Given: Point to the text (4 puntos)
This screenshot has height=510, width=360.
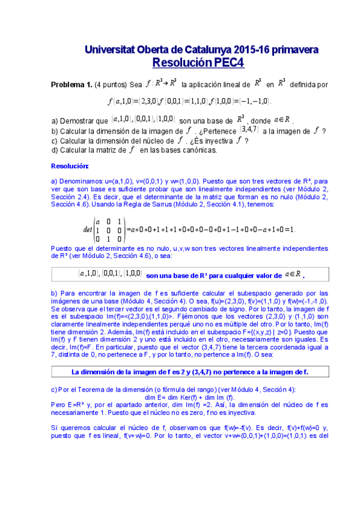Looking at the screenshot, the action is [x=111, y=85].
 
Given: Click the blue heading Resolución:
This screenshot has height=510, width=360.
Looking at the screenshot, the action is [x=70, y=165].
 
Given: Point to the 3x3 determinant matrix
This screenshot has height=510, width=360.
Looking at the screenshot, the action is [x=108, y=230].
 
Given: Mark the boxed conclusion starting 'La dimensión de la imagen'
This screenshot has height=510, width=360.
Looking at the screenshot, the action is [x=189, y=372].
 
